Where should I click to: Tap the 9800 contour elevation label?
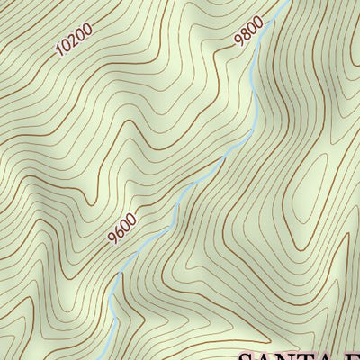pyautogui.click(x=247, y=31)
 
